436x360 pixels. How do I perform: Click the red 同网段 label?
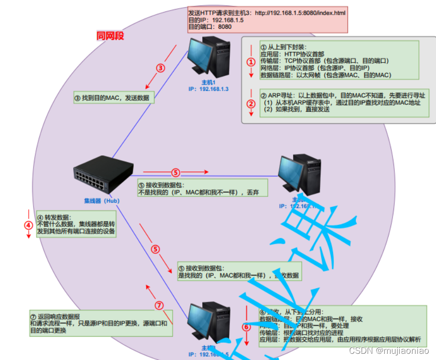point(110,36)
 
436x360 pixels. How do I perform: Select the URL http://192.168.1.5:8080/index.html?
point(300,13)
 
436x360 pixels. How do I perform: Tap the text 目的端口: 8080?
point(210,27)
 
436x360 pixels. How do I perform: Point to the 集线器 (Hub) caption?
point(101,201)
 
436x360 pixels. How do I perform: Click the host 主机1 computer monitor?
point(201,56)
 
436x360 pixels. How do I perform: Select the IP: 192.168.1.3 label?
point(208,89)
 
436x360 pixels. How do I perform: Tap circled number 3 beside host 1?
point(161,68)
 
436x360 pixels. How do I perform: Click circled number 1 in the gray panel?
point(251,62)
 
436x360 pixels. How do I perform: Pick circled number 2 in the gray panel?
point(251,103)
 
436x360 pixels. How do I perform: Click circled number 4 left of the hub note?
point(29,225)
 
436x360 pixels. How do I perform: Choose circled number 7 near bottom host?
point(160,305)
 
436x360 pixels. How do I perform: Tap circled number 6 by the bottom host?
point(246,327)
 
